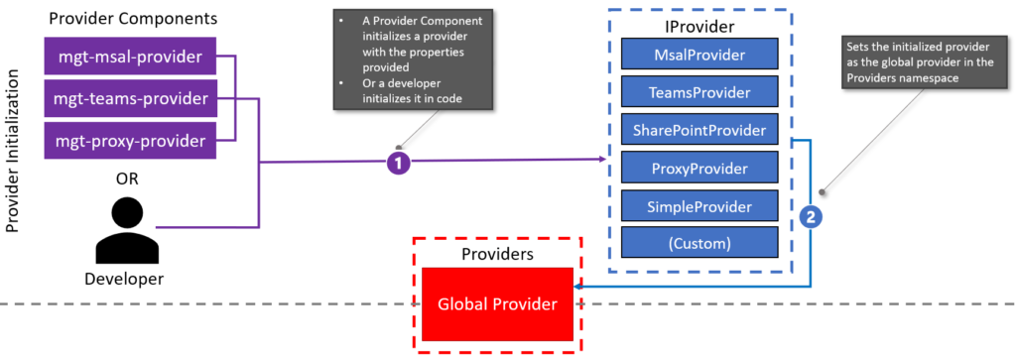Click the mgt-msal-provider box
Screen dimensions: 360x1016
pyautogui.click(x=130, y=57)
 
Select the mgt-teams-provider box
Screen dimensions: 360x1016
pyautogui.click(x=130, y=98)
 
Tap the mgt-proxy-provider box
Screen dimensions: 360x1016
pyautogui.click(x=130, y=139)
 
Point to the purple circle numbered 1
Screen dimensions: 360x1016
pyautogui.click(x=398, y=164)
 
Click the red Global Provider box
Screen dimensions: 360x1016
pyautogui.click(x=497, y=304)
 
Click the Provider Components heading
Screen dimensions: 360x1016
pyautogui.click(x=133, y=19)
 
